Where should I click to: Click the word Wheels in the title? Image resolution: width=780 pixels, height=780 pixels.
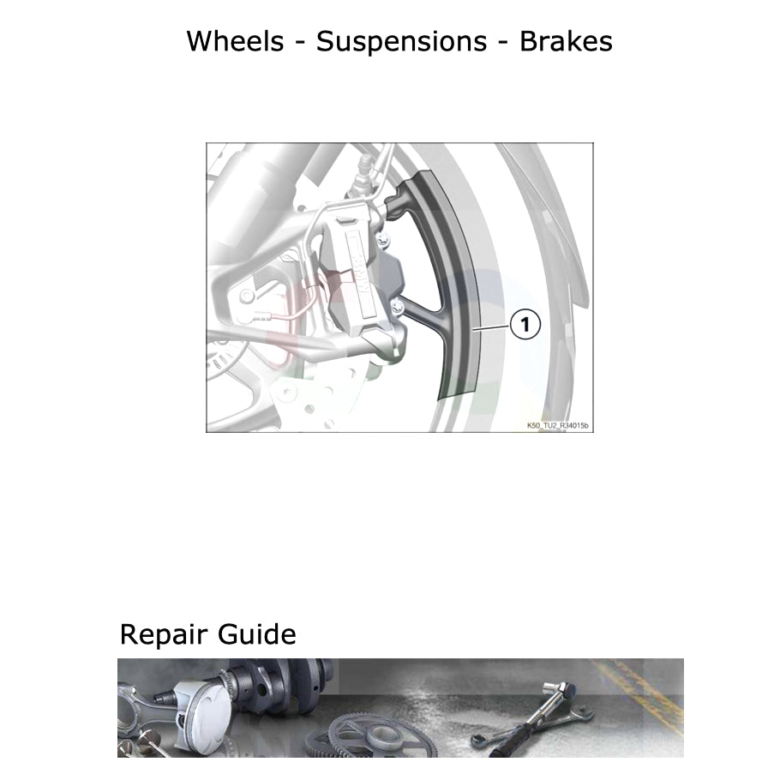coord(236,40)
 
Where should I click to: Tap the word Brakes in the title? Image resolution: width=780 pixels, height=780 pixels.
coord(566,40)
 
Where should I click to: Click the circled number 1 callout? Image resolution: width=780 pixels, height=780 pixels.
coord(525,325)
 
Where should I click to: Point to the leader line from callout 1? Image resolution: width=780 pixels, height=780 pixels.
coord(494,327)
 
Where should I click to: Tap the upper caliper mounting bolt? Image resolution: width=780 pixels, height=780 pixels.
coord(383,237)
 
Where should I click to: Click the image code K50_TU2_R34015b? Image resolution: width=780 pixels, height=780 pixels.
coord(558,425)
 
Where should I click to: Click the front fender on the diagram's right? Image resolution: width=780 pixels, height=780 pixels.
coord(561,231)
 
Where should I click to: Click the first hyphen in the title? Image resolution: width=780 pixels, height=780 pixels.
coord(297,42)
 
